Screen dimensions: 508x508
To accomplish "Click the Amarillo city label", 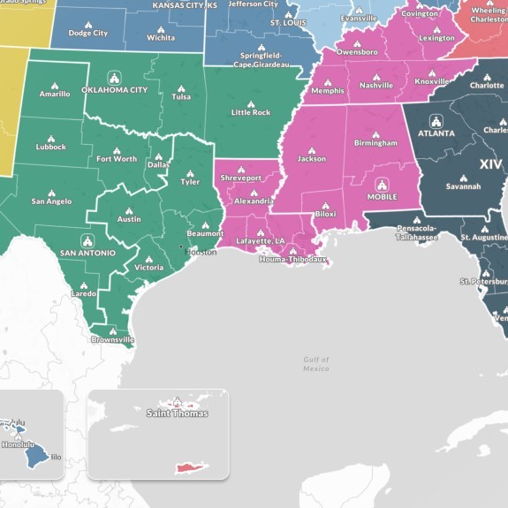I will tap(54, 94).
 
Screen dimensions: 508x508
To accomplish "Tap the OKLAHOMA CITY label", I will tap(114, 90).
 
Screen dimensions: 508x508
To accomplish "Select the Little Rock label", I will tap(250, 112).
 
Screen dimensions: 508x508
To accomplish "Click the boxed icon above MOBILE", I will tap(382, 185).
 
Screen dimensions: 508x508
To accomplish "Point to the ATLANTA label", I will tap(436, 133).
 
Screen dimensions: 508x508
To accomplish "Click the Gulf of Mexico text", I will tap(315, 364).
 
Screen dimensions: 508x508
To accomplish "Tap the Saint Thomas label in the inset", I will tap(178, 413).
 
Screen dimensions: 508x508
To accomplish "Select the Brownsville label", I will tap(112, 339).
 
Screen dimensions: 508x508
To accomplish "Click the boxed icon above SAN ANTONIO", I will tap(87, 240).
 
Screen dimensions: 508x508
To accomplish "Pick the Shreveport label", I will tap(241, 178).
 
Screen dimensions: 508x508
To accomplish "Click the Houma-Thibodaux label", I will tap(292, 260).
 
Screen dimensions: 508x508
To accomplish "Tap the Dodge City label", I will tap(88, 33).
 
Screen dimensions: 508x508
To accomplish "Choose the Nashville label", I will tap(375, 85).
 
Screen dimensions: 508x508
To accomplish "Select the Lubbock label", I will tap(51, 147).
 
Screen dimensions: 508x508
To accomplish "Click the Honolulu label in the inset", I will tap(17, 445).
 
